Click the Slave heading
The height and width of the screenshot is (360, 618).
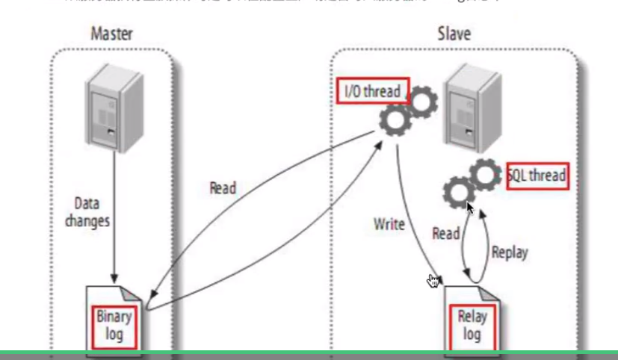pyautogui.click(x=454, y=34)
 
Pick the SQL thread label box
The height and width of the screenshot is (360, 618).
pyautogui.click(x=537, y=176)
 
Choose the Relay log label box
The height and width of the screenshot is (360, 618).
pyautogui.click(x=471, y=325)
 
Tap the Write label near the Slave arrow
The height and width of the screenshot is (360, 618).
pyautogui.click(x=390, y=223)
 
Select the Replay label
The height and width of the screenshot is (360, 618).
pyautogui.click(x=510, y=252)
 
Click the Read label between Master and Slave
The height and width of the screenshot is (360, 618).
pyautogui.click(x=222, y=187)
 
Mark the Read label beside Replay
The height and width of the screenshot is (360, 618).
pyautogui.click(x=445, y=233)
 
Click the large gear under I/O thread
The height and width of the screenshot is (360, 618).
pyautogui.click(x=394, y=120)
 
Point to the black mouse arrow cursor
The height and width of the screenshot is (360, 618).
pyautogui.click(x=469, y=206)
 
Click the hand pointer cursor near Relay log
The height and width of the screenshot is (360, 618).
pyautogui.click(x=433, y=281)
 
